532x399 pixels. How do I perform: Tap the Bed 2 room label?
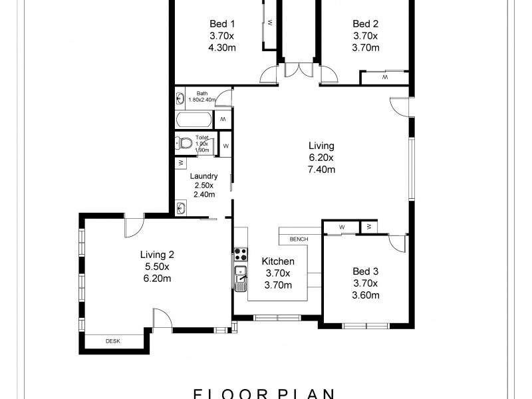pyautogui.click(x=365, y=25)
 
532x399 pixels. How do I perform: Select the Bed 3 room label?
pyautogui.click(x=365, y=271)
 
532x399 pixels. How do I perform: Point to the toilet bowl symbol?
pyautogui.click(x=184, y=143)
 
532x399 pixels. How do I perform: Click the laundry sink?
pyautogui.click(x=181, y=207)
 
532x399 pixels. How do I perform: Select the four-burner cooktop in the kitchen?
pyautogui.click(x=240, y=254)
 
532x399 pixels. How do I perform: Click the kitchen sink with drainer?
pyautogui.click(x=239, y=277)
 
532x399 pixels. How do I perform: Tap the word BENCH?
pyautogui.click(x=298, y=239)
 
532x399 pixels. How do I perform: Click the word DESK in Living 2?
pyautogui.click(x=113, y=342)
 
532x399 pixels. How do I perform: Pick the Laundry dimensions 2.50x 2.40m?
pyautogui.click(x=203, y=190)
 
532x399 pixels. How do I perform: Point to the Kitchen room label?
pyautogui.click(x=278, y=261)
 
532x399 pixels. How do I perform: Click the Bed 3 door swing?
pyautogui.click(x=398, y=243)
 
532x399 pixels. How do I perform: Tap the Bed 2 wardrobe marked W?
pyautogui.click(x=384, y=78)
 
